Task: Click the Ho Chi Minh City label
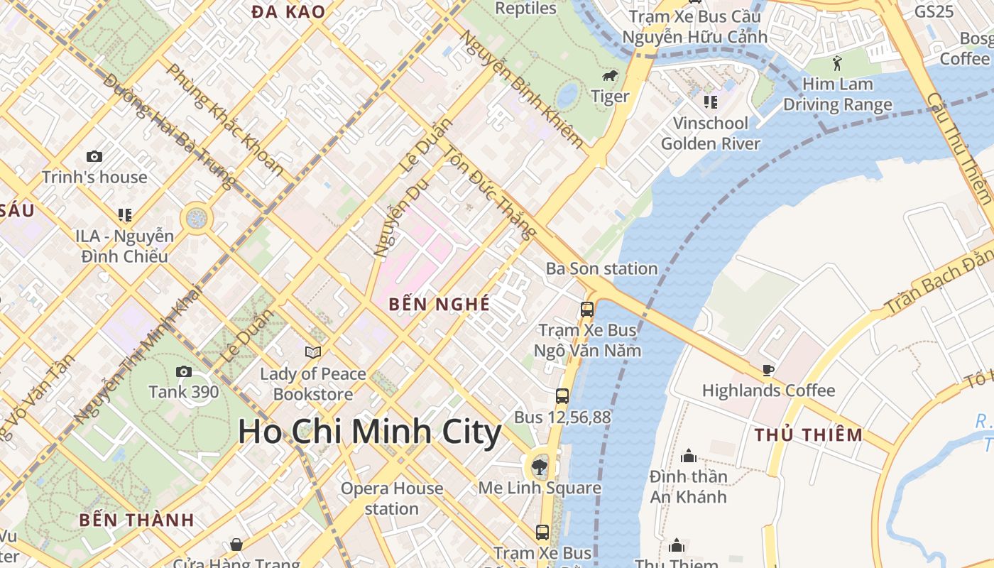coord(369,432)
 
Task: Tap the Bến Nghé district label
coord(439,305)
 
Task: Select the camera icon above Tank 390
coord(184,371)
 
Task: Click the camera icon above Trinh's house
coord(94,156)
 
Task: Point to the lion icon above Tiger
coord(609,76)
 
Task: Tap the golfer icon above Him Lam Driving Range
coord(837,62)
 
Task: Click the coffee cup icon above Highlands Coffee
coord(768,369)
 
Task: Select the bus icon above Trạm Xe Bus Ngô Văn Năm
coord(587,309)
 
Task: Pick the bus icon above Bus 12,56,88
coord(562,395)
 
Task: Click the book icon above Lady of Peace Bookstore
coord(312,352)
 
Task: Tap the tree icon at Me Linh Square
coord(540,466)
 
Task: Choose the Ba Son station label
coord(601,268)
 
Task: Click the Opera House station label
coord(391,498)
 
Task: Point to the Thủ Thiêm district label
coord(809,435)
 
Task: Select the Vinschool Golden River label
coord(710,133)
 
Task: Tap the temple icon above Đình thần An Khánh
coord(688,455)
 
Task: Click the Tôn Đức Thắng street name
coord(489,192)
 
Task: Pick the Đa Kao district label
coord(288,11)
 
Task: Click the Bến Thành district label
coord(137,520)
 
